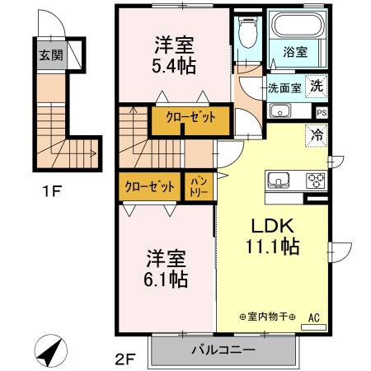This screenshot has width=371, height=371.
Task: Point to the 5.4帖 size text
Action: pos(174,66)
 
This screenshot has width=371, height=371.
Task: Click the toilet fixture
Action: pos(247,35)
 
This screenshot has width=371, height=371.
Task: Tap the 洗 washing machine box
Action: pos(316,86)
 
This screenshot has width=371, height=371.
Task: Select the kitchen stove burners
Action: pos(316,181)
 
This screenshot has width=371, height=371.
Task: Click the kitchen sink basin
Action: pos(275,180)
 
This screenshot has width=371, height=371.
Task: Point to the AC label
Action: pos(313,315)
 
